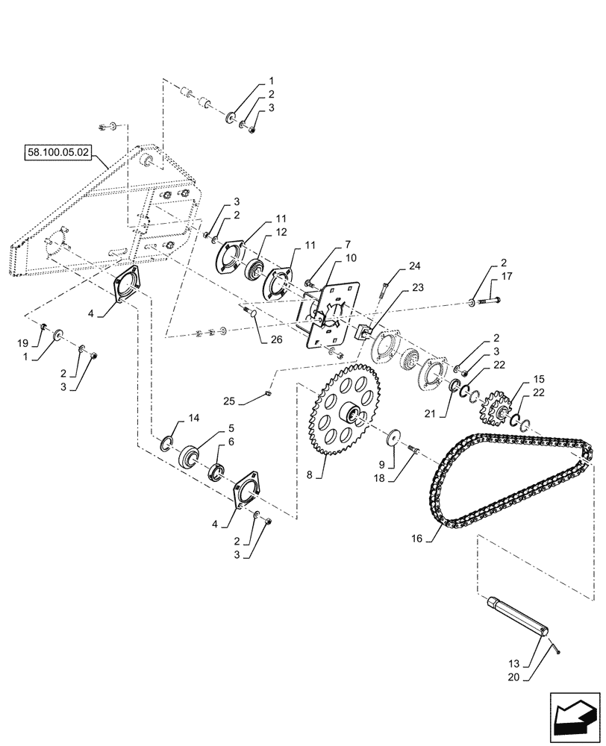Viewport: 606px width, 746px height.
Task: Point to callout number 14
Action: tap(193, 419)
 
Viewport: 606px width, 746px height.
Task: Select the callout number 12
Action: tap(260, 233)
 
